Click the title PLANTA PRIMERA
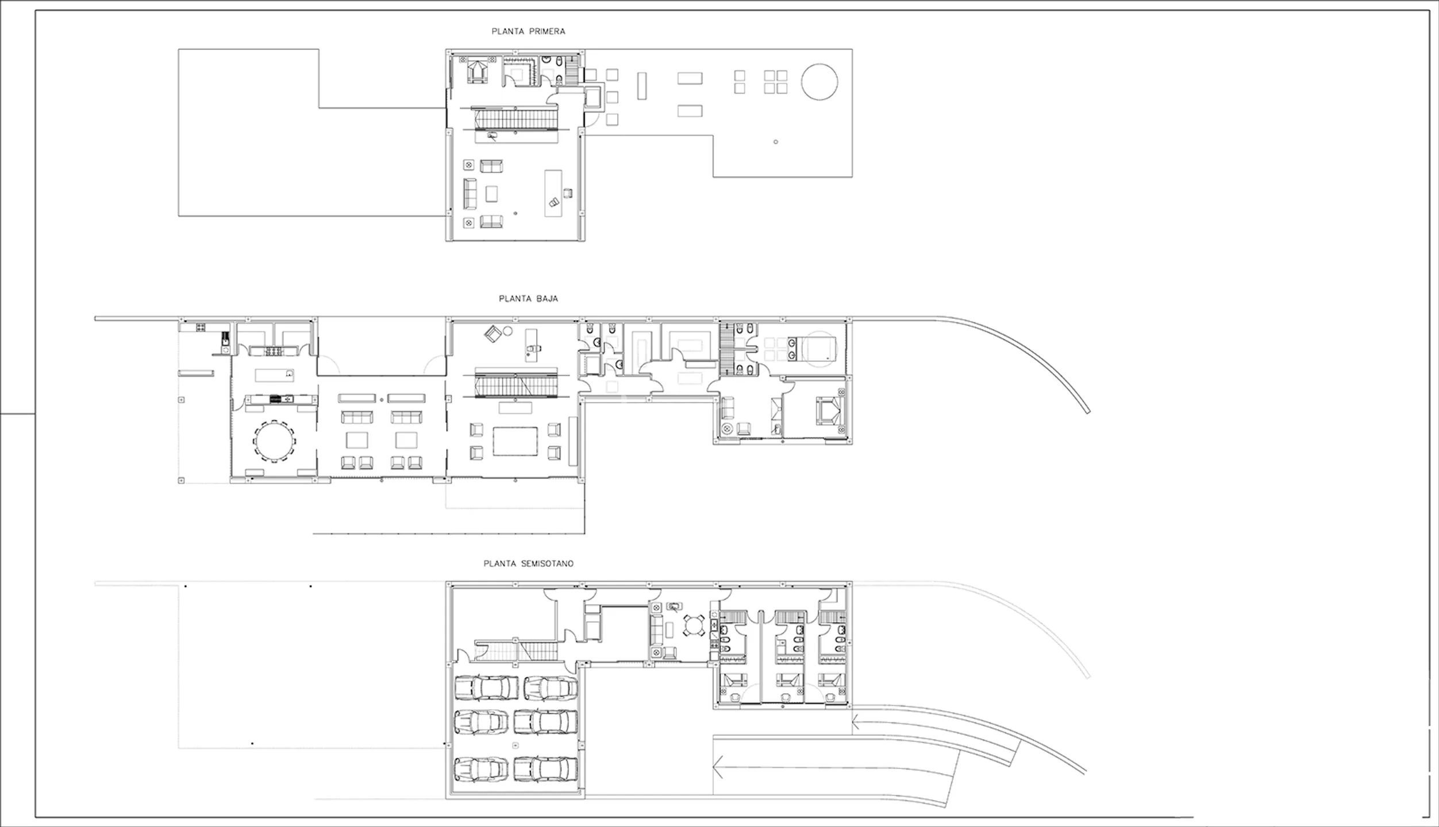pyautogui.click(x=528, y=32)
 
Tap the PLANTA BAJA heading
pyautogui.click(x=528, y=299)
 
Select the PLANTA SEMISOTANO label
pyautogui.click(x=528, y=563)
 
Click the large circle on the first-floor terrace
pyautogui.click(x=819, y=82)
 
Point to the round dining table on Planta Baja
pyautogui.click(x=274, y=441)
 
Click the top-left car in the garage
pyautogui.click(x=482, y=687)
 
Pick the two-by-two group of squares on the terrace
pyautogui.click(x=775, y=82)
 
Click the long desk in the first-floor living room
pyautogui.click(x=553, y=193)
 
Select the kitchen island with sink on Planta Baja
pyautogui.click(x=275, y=376)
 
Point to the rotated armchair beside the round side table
pyautogui.click(x=493, y=334)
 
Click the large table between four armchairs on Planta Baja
pyautogui.click(x=515, y=441)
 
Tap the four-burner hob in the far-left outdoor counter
pyautogui.click(x=201, y=327)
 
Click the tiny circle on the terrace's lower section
pyautogui.click(x=776, y=142)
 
